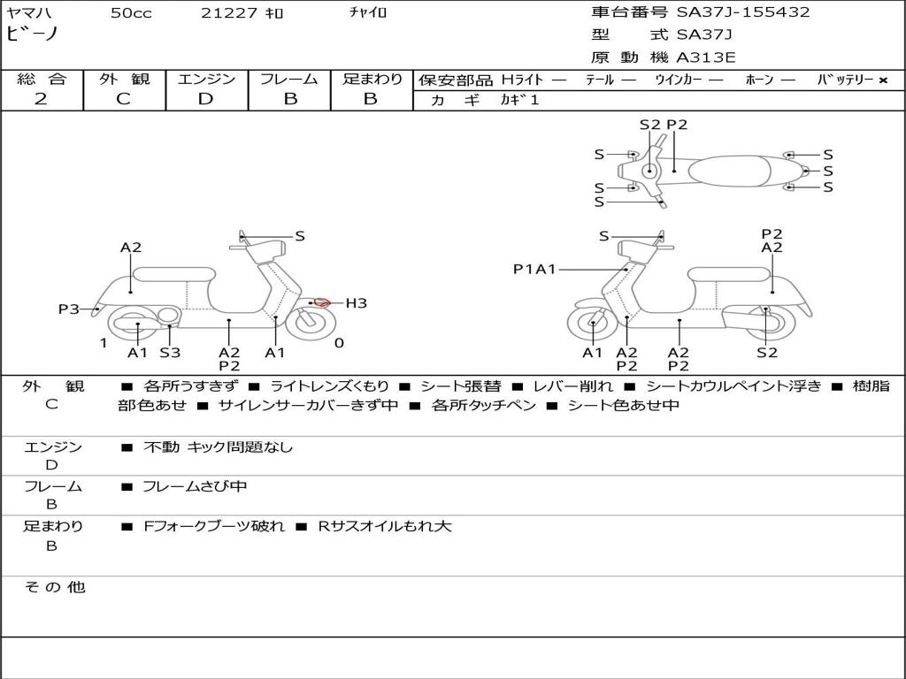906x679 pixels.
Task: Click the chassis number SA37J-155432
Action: pyautogui.click(x=743, y=12)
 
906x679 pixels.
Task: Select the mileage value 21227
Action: pyautogui.click(x=228, y=12)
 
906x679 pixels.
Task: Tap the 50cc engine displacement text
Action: pyautogui.click(x=131, y=12)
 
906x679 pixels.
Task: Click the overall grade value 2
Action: pyautogui.click(x=41, y=99)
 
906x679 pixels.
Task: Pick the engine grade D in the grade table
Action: pyautogui.click(x=205, y=99)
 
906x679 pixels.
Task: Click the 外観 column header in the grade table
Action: pyautogui.click(x=124, y=80)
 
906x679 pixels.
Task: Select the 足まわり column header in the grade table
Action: pyautogui.click(x=372, y=80)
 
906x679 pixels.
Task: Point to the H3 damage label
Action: pyautogui.click(x=356, y=303)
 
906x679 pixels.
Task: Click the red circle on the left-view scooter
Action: pyautogui.click(x=322, y=302)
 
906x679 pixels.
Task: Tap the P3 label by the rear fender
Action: pyautogui.click(x=68, y=309)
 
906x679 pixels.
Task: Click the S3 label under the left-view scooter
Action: pyautogui.click(x=170, y=353)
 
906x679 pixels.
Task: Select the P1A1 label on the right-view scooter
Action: pyautogui.click(x=534, y=269)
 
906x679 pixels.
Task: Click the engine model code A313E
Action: pyautogui.click(x=705, y=57)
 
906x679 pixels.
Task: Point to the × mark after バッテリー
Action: pyautogui.click(x=882, y=80)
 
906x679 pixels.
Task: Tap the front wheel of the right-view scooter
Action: pyautogui.click(x=591, y=324)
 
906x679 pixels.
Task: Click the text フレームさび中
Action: pyautogui.click(x=195, y=486)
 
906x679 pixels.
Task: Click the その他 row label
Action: pyautogui.click(x=54, y=587)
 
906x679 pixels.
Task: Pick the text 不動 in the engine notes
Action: pyautogui.click(x=162, y=447)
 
